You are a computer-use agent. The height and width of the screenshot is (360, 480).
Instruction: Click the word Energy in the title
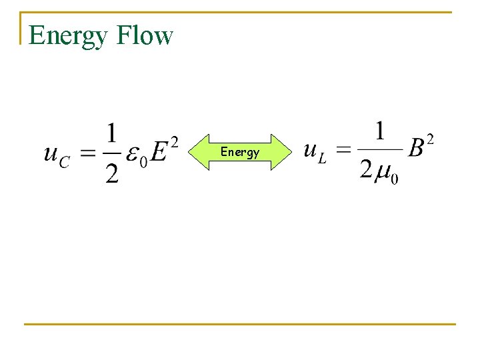point(67,36)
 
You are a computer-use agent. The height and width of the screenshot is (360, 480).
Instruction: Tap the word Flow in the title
point(145,35)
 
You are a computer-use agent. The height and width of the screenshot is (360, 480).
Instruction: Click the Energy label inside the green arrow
point(240,152)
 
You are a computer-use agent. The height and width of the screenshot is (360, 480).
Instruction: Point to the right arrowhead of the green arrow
point(283,152)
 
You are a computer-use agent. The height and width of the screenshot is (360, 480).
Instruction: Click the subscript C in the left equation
point(65,162)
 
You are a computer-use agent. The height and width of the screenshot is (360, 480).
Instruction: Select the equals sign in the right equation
point(343,150)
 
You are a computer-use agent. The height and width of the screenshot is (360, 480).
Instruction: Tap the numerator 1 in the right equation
point(379,131)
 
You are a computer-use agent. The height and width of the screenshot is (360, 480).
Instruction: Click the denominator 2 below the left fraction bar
point(112,174)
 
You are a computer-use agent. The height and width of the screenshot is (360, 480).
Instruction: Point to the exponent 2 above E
point(174,141)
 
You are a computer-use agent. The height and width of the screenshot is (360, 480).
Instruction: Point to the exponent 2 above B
point(431,139)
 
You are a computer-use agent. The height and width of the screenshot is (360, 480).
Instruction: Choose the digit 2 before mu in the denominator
point(366,170)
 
